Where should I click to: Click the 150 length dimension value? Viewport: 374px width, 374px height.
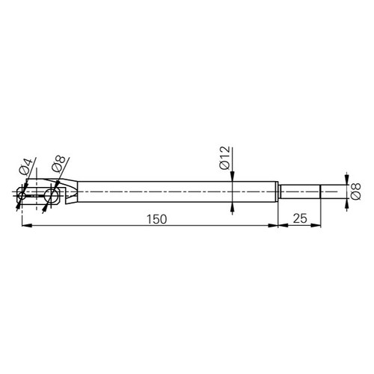pos(156,219)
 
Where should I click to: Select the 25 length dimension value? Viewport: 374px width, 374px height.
pos(300,218)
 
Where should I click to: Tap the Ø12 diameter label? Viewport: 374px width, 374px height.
pos(224,158)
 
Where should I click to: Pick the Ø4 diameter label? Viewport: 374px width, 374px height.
pos(25,166)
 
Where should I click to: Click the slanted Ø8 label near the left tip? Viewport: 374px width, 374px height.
pos(58,163)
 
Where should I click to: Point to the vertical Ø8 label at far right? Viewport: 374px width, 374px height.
pos(355,191)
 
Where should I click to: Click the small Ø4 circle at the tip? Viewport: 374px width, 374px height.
pos(22,194)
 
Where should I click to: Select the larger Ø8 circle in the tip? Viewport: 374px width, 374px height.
pos(51,194)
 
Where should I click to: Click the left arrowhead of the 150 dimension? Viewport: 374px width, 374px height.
pos(27,225)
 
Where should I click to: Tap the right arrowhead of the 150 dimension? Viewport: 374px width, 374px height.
pos(273,225)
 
